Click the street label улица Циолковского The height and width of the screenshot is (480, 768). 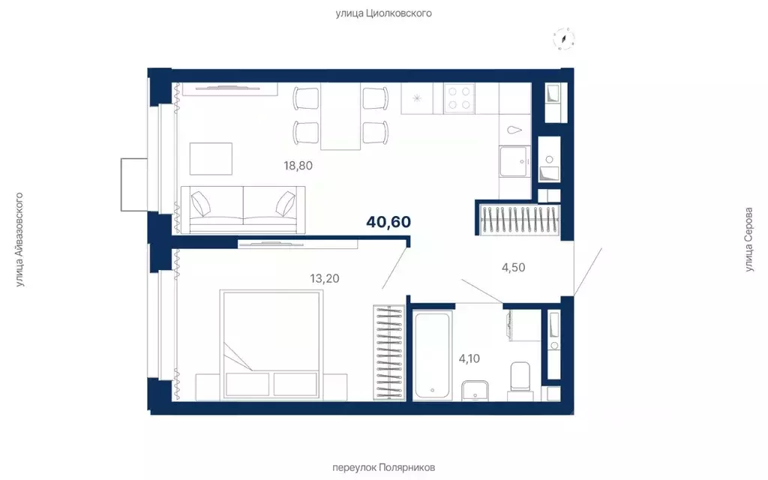[x=383, y=13]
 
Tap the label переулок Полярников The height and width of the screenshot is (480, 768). [x=383, y=467]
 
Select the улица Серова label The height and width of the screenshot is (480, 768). [x=748, y=239]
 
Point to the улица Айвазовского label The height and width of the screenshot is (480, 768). [x=19, y=239]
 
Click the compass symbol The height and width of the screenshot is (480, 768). [x=564, y=39]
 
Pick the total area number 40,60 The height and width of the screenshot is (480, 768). [x=388, y=222]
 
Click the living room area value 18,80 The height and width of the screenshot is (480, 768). [x=298, y=166]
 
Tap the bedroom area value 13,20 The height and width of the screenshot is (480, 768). [x=324, y=278]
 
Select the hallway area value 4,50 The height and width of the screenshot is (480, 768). [x=513, y=267]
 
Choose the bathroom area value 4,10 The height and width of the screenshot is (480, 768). [x=469, y=358]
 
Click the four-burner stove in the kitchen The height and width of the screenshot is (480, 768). [x=460, y=98]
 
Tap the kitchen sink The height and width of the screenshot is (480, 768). [x=514, y=161]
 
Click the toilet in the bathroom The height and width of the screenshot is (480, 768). [x=520, y=380]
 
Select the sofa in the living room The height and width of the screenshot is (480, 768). [x=243, y=210]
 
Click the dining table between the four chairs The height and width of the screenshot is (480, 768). [x=341, y=116]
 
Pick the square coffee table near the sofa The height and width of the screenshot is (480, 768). [x=211, y=159]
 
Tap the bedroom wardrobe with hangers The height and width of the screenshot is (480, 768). [x=389, y=352]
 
